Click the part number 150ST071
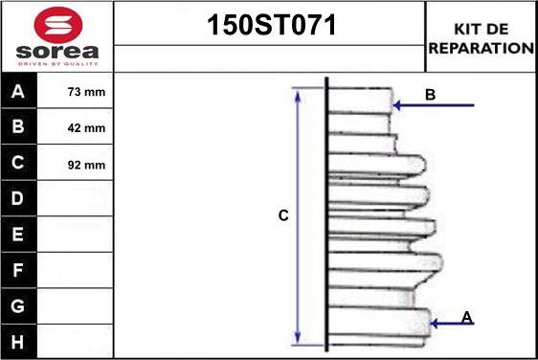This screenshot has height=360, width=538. (x=272, y=26)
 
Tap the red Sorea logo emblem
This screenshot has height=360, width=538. (x=56, y=23)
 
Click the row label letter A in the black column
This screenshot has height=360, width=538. (x=18, y=93)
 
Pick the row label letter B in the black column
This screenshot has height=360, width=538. (x=18, y=127)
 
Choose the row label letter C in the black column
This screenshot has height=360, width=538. (x=18, y=163)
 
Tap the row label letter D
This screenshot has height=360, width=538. (x=18, y=199)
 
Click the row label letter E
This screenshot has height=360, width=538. (x=18, y=235)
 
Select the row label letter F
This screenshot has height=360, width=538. (x=18, y=270)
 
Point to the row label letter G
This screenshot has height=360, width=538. (x=18, y=305)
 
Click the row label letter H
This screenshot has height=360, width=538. (x=18, y=341)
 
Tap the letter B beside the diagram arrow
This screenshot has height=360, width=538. (x=431, y=95)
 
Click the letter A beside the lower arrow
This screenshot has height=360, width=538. (x=467, y=316)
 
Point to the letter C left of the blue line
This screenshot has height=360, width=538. (x=283, y=216)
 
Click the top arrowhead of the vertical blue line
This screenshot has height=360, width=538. (x=298, y=94)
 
